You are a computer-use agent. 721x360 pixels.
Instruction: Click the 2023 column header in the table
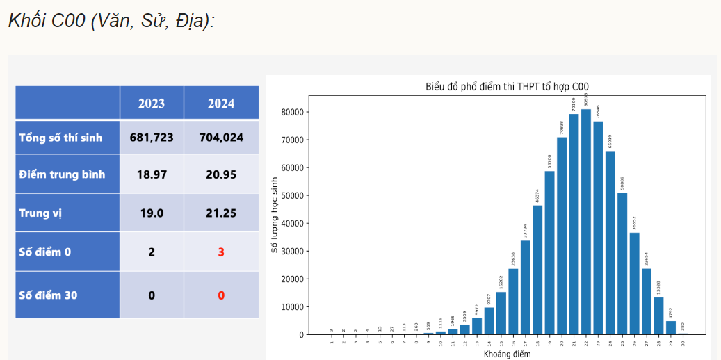(152, 104)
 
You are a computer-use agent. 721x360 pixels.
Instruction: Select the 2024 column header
(221, 104)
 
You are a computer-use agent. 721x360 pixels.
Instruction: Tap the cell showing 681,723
(152, 138)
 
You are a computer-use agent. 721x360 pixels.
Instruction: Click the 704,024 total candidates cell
(221, 138)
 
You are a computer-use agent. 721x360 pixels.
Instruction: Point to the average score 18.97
(152, 174)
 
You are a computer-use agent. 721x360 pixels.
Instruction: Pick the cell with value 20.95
(221, 174)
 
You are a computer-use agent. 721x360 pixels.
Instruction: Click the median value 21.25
(221, 213)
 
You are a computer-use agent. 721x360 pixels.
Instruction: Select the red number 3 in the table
(221, 252)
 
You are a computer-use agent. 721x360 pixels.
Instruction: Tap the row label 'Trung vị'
(40, 213)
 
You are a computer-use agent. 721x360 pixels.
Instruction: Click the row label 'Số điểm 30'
(48, 295)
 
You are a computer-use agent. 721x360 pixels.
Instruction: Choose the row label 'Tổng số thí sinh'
(60, 138)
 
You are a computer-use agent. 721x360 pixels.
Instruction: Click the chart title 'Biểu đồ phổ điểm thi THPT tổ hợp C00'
(507, 87)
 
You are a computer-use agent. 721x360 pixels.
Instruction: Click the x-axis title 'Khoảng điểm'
(507, 354)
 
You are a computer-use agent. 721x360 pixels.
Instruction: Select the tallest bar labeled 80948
(586, 222)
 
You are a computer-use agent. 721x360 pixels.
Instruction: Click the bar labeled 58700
(549, 253)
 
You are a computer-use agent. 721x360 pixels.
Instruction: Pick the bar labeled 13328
(658, 316)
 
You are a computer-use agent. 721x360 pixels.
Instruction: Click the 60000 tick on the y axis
(291, 167)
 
